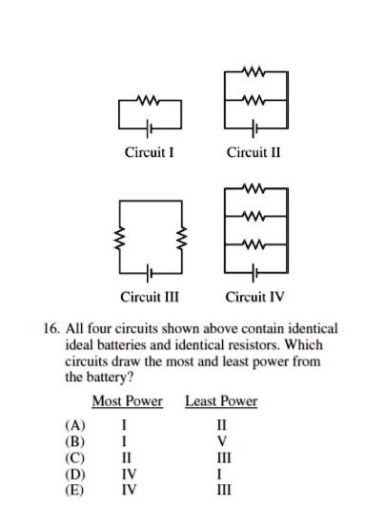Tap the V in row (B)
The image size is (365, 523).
coord(221,441)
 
